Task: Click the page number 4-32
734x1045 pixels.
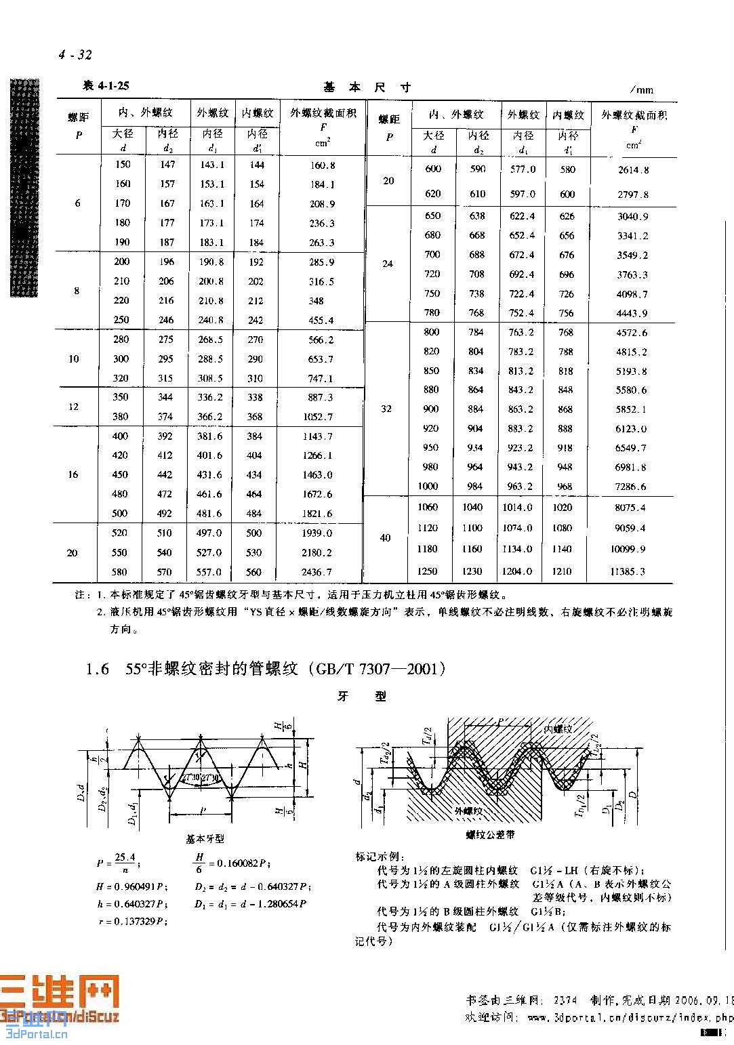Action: [x=75, y=55]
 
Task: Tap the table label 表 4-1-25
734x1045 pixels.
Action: [x=106, y=85]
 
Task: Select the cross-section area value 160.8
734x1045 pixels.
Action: [x=323, y=165]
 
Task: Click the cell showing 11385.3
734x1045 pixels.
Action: [x=627, y=571]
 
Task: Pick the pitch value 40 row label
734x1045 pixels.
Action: [x=385, y=537]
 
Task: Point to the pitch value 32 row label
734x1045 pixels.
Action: [x=386, y=409]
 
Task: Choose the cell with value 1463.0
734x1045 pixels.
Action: [x=317, y=475]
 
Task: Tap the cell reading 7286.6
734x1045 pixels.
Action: [x=630, y=487]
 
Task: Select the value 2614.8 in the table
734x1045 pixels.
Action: [x=633, y=170]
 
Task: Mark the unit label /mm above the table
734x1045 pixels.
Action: [x=640, y=89]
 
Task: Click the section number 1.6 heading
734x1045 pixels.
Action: [x=97, y=670]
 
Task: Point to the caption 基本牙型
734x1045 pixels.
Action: [x=205, y=839]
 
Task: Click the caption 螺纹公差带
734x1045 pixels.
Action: [x=489, y=835]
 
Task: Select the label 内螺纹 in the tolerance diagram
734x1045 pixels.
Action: [x=558, y=729]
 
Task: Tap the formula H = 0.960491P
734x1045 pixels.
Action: [x=132, y=886]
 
